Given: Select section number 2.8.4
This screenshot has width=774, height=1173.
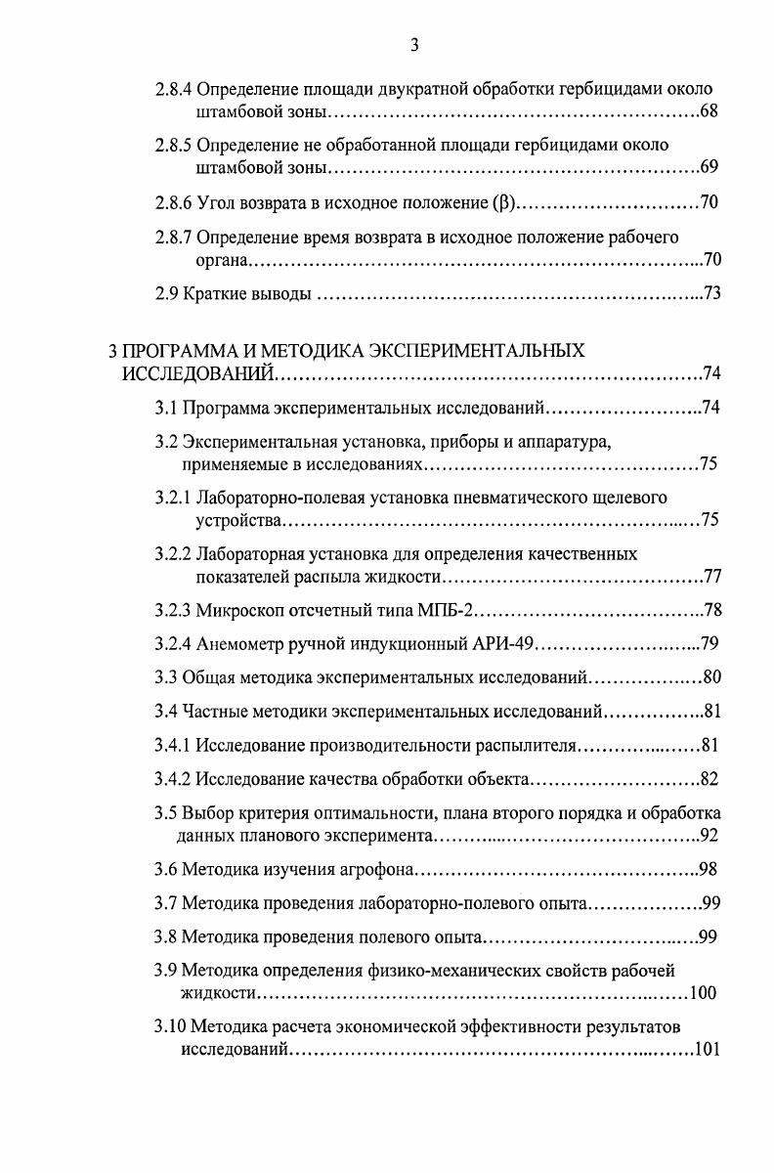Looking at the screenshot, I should coord(174,90).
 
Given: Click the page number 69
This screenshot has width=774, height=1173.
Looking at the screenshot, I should coord(709,167).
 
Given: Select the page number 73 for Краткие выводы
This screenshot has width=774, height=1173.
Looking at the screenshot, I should coord(711,294).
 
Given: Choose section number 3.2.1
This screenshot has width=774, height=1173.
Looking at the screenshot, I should coord(174,498).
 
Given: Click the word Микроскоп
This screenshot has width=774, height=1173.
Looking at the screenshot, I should coord(238,612).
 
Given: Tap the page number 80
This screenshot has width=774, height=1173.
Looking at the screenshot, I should coord(711,676).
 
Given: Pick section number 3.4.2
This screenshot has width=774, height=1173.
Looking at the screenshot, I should coord(174,779).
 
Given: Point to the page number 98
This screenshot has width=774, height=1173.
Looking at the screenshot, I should coord(711,870).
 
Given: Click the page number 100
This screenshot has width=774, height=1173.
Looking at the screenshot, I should coord(703,994).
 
